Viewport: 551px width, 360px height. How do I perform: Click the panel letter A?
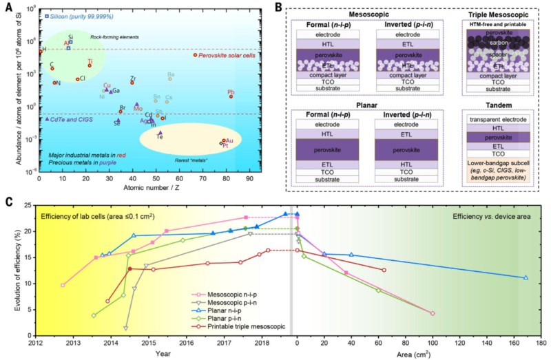point(8,7)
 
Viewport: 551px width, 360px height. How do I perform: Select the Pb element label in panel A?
point(231,92)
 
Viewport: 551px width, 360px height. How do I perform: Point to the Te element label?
point(160,136)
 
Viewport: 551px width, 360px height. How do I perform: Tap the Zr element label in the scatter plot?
point(132,78)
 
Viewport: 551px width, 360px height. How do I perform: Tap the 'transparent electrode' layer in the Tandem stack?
point(497,119)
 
